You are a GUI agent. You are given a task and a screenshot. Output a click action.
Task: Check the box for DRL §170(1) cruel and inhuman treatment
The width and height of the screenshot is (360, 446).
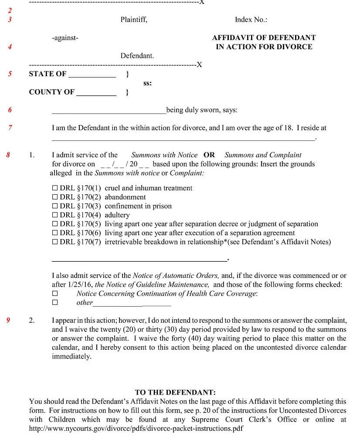(x=55, y=188)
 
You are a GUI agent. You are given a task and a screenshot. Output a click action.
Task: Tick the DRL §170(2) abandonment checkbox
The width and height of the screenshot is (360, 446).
(x=55, y=197)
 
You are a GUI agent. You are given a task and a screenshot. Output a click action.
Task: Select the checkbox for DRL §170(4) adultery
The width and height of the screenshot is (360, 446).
(x=55, y=215)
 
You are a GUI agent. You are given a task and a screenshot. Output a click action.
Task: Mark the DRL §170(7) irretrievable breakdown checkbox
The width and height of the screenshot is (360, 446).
(x=55, y=242)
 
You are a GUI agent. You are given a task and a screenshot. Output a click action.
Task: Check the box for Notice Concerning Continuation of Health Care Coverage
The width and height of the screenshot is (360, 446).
(x=55, y=294)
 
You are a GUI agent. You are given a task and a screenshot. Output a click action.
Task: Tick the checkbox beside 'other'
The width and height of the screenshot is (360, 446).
(x=55, y=303)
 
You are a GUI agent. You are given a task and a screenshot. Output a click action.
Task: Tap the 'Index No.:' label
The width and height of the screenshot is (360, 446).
(x=251, y=20)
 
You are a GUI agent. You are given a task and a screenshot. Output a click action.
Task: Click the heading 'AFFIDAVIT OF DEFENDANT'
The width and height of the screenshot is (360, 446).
(x=264, y=38)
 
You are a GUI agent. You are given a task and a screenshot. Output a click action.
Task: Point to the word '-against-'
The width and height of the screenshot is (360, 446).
(x=65, y=38)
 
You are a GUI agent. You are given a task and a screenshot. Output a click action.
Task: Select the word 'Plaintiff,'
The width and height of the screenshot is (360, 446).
(x=134, y=20)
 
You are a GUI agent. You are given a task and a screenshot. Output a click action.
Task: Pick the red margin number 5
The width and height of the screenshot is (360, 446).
(x=10, y=74)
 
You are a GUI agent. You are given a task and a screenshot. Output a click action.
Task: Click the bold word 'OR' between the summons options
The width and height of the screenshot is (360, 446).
(x=209, y=155)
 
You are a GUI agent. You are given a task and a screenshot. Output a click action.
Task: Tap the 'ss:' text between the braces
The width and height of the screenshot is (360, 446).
(x=147, y=83)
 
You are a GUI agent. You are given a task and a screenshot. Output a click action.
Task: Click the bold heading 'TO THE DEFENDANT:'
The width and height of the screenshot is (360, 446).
(x=175, y=392)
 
